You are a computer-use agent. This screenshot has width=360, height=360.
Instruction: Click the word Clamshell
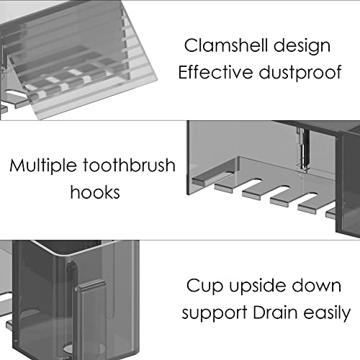click(x=226, y=45)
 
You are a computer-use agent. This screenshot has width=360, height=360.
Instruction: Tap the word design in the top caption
click(x=302, y=46)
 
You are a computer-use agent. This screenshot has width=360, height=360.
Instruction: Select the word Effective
click(x=215, y=72)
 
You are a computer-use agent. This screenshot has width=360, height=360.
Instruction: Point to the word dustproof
click(x=300, y=73)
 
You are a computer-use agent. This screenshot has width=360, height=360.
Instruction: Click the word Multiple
click(x=43, y=166)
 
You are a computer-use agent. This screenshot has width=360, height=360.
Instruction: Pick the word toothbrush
click(x=130, y=166)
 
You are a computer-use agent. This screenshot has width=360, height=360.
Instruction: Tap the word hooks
click(x=95, y=192)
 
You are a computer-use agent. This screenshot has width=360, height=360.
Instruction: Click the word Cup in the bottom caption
click(x=204, y=287)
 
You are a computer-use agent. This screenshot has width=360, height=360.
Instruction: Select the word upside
click(x=257, y=287)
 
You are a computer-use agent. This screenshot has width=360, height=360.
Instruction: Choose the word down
click(x=317, y=286)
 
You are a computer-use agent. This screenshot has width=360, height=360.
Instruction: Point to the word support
click(x=215, y=313)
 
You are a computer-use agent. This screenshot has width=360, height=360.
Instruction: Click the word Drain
click(x=275, y=312)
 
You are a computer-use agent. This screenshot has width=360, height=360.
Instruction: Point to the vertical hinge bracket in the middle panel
click(x=302, y=149)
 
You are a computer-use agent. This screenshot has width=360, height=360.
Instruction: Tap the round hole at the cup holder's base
click(x=70, y=348)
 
